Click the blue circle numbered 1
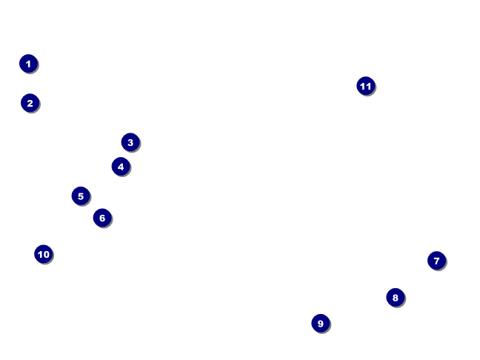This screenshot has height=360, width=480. click(28, 64)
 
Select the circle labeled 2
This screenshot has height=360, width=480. click(30, 103)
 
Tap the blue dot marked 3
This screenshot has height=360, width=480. click(130, 142)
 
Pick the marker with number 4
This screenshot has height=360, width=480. click(121, 167)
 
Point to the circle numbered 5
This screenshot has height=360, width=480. click(81, 196)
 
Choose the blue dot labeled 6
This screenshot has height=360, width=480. click(102, 218)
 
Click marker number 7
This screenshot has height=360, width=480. click(436, 261)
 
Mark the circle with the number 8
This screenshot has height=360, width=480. click(395, 298)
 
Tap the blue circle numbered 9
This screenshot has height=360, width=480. click(320, 323)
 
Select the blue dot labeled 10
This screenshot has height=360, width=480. click(44, 254)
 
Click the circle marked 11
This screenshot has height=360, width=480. click(365, 86)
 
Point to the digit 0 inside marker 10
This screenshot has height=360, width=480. click(47, 254)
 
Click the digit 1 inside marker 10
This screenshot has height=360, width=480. click(40, 254)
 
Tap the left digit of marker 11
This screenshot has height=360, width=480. click(362, 86)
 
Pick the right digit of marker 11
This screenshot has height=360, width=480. click(368, 86)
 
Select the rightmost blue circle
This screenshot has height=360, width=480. click(436, 261)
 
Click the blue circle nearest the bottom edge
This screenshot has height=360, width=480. click(320, 323)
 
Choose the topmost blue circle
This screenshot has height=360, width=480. click(28, 64)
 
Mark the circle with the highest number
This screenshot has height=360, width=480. click(365, 86)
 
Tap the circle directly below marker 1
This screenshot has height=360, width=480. click(30, 103)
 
